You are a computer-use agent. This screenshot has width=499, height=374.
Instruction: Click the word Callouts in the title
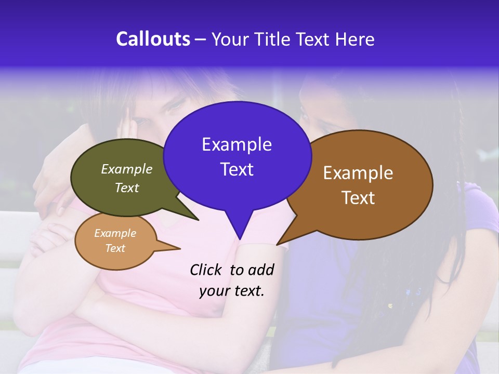pos(153,39)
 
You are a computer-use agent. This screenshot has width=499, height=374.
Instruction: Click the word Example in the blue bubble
pos(237,144)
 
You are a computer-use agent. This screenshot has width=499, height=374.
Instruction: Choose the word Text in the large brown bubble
pos(358,198)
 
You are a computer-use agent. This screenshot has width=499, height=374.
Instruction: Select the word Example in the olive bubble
pos(126,169)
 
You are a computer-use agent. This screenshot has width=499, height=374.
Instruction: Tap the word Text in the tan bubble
pos(115,248)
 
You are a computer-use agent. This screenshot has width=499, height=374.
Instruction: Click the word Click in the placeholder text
pos(206,270)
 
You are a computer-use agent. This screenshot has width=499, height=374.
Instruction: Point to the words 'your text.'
pos(231,291)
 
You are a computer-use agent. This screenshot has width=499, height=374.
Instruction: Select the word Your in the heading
pos(230,39)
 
